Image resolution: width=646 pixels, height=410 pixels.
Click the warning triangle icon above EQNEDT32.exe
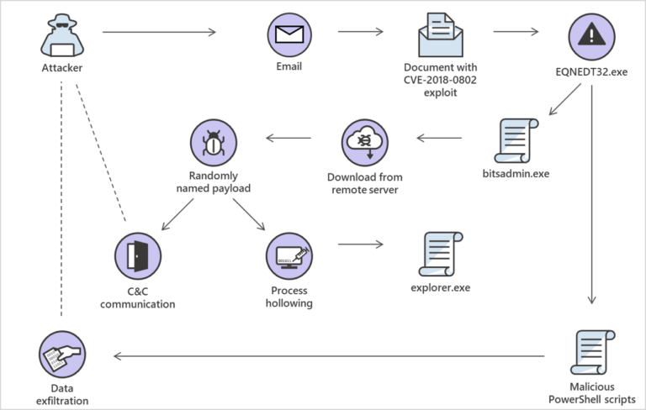(591, 36)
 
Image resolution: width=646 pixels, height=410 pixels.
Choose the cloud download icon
(364, 143)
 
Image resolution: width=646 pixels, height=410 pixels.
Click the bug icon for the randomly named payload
(212, 143)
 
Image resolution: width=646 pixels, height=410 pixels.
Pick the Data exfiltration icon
(61, 354)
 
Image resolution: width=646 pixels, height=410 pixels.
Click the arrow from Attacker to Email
(159, 33)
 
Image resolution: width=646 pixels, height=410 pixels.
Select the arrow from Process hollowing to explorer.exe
(360, 246)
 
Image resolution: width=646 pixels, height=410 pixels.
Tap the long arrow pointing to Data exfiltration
(329, 356)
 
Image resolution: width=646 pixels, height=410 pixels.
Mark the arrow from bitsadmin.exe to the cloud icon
(440, 138)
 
